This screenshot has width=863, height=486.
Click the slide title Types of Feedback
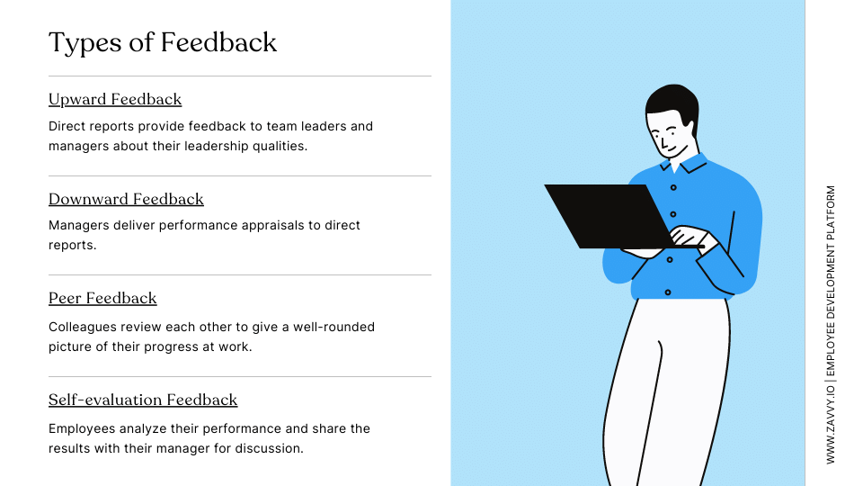point(163,42)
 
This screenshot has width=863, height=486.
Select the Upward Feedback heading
point(115,99)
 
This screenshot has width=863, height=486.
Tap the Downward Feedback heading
point(126,199)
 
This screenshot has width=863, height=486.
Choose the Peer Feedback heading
point(102,298)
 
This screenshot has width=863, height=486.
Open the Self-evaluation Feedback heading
point(143,400)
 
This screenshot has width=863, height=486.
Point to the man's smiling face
point(670,135)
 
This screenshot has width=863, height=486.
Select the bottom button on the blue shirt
point(668,292)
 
